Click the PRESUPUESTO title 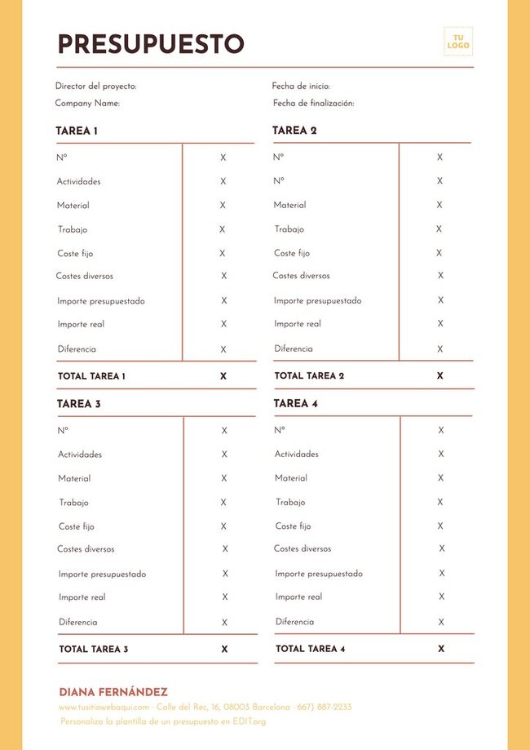[x=151, y=43]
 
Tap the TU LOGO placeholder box [x=458, y=42]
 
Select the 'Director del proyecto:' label [x=95, y=86]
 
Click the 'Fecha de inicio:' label [x=301, y=86]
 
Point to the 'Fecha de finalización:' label [x=313, y=104]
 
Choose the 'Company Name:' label [x=87, y=104]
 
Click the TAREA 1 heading [x=77, y=131]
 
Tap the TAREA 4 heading [x=296, y=403]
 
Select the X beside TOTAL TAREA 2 [x=439, y=376]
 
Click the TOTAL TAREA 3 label [x=93, y=650]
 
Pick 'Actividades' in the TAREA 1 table [x=79, y=181]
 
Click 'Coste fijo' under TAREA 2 [x=292, y=253]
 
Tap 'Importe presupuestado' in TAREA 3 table [x=102, y=574]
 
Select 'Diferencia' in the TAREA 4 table [x=294, y=622]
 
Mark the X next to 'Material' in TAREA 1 [x=223, y=206]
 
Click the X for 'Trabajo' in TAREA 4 [x=441, y=502]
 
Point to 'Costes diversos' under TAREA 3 [x=86, y=549]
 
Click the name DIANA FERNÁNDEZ [x=113, y=692]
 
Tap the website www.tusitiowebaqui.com [x=104, y=708]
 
